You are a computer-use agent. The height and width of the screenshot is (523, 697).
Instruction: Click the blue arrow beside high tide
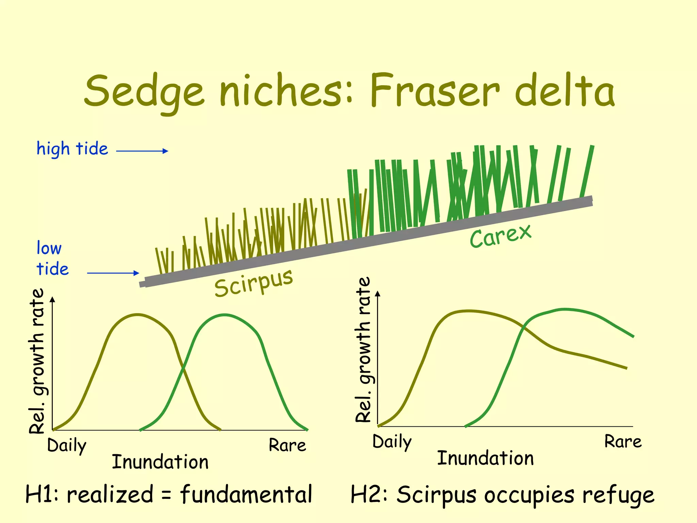(142, 151)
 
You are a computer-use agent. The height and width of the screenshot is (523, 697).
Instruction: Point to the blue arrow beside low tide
(113, 273)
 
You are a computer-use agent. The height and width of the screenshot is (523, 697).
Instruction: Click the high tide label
(72, 149)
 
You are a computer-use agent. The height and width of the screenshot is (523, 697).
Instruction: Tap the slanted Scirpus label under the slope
(254, 283)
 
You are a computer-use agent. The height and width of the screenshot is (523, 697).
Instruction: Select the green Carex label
(500, 236)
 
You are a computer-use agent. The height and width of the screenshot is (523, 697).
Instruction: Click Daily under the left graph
(67, 446)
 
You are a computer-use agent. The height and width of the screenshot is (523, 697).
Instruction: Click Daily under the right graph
(392, 442)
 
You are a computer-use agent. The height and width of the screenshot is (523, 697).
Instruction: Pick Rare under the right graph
(623, 442)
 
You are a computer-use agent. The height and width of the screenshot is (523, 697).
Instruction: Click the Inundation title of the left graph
(160, 462)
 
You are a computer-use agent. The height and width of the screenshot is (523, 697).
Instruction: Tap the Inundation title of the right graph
(485, 458)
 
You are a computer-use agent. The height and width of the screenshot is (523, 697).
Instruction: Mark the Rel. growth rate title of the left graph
(37, 361)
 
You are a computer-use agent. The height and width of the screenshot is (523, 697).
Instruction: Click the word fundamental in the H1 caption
(246, 495)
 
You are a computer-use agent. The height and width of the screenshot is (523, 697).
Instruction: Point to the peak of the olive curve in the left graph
(137, 315)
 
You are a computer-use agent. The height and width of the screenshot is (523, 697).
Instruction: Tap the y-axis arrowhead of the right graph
(378, 294)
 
